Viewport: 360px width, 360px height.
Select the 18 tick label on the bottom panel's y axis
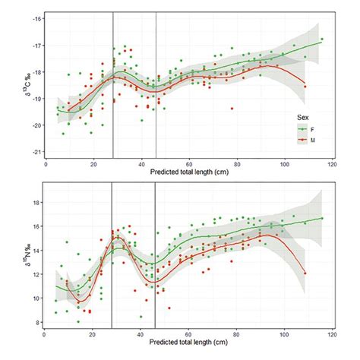click(38, 203)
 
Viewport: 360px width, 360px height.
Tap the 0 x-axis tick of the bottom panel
click(46, 336)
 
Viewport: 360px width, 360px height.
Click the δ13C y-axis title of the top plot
click(23, 85)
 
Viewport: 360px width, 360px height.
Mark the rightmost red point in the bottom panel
click(305, 273)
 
